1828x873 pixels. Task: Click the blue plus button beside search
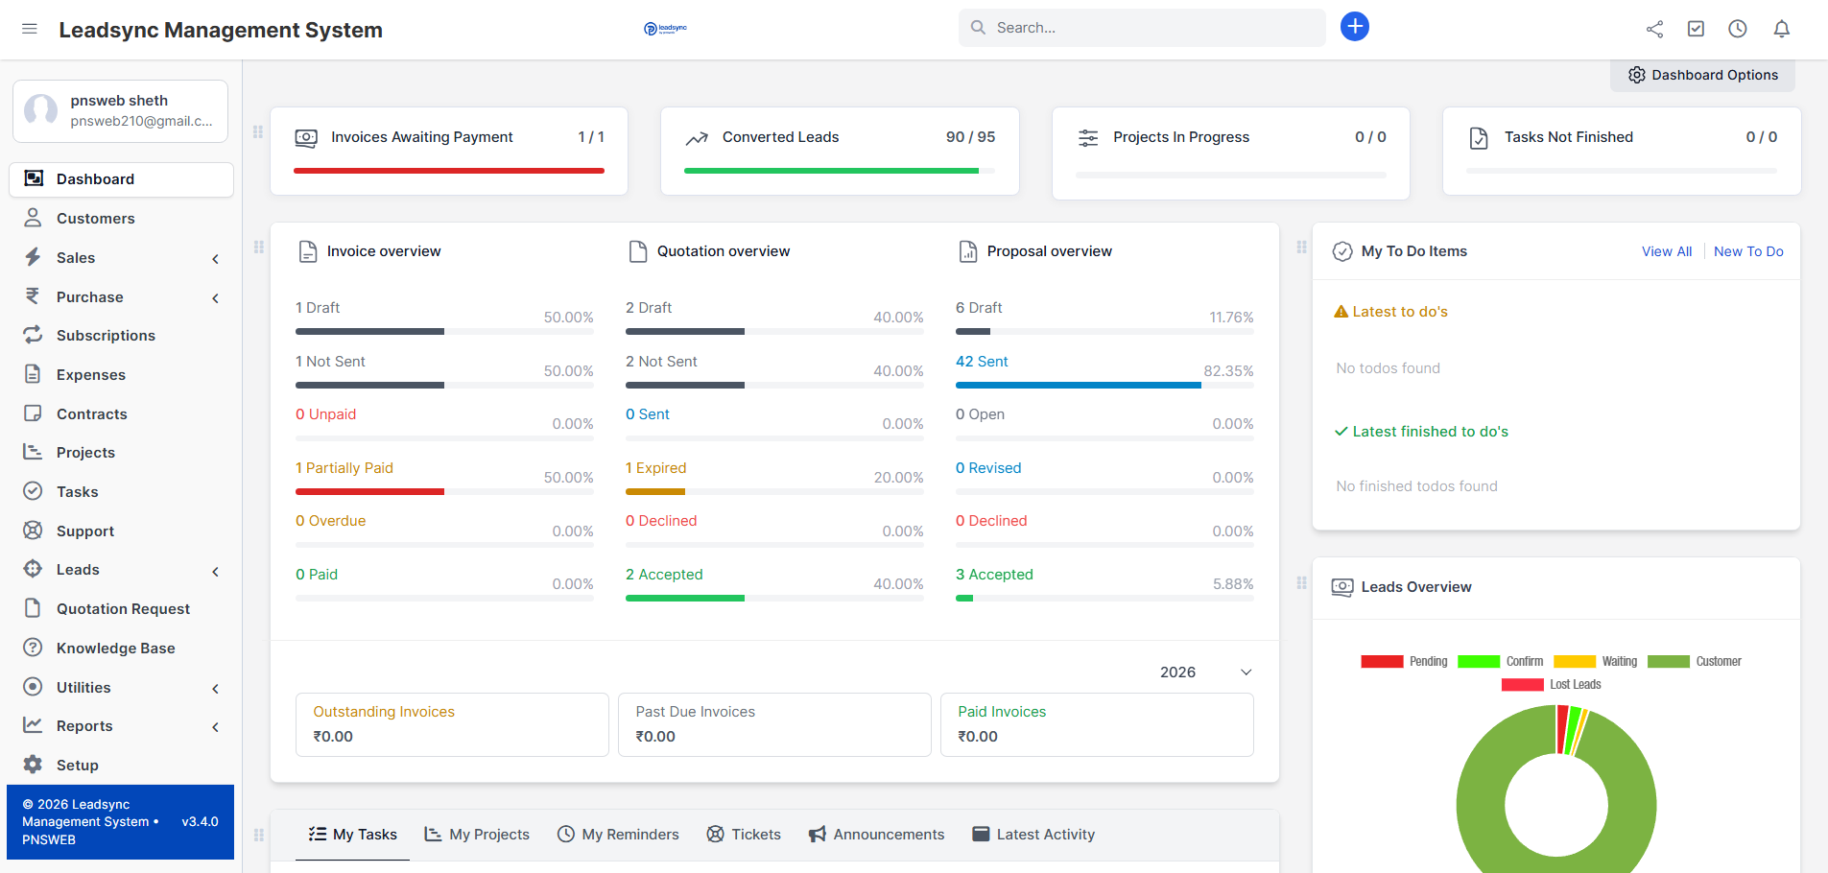point(1354,27)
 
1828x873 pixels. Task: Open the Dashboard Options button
point(1702,75)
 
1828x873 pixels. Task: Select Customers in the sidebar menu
point(95,219)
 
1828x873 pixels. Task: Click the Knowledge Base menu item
point(115,649)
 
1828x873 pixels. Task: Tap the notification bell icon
point(1781,29)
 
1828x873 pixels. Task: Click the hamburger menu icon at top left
point(30,29)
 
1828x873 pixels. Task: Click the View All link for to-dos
point(1666,251)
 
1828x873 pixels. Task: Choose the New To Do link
point(1747,251)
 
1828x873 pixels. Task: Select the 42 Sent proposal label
point(982,362)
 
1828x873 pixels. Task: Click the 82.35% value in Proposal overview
point(1228,371)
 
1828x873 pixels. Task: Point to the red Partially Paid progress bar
point(369,491)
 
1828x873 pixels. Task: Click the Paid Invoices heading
point(1001,712)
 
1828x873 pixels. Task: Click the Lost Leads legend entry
point(1574,685)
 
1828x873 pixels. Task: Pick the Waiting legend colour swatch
point(1574,662)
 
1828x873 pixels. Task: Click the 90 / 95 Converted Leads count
point(970,137)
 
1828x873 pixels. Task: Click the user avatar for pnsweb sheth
point(41,110)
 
